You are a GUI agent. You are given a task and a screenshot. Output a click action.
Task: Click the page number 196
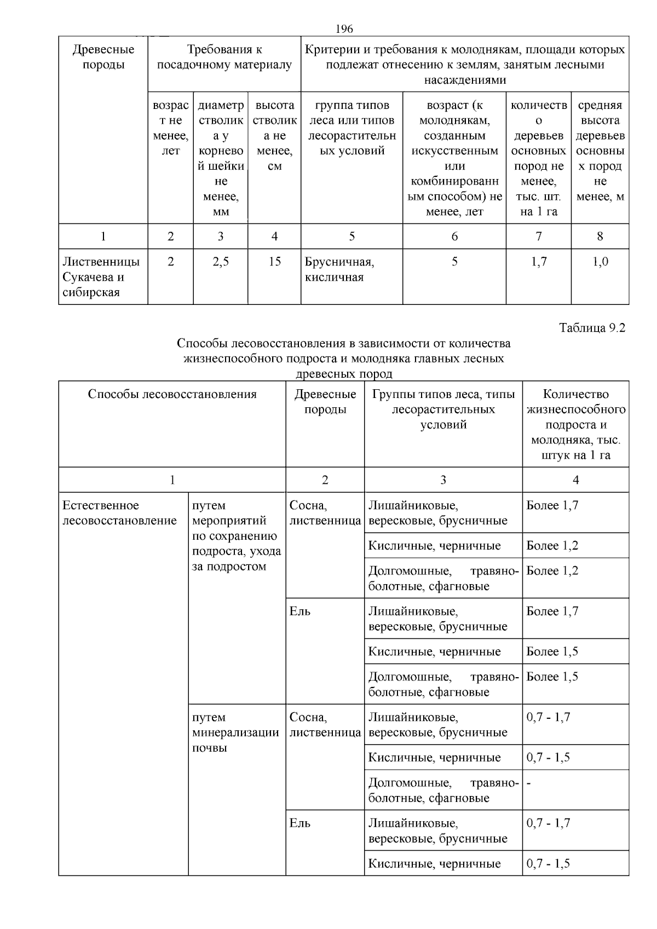tap(344, 28)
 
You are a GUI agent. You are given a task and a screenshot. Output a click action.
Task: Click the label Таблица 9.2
tap(592, 328)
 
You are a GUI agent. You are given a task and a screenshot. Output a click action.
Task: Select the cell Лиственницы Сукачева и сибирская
tap(101, 277)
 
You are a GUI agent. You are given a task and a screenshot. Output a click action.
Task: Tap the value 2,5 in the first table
tap(221, 262)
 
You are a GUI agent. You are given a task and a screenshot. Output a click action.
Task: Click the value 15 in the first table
tap(274, 262)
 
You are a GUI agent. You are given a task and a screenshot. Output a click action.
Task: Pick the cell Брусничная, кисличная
tap(339, 269)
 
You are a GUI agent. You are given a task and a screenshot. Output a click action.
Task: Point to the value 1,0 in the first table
tap(600, 262)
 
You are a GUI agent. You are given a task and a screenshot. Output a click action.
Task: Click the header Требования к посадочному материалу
tap(224, 57)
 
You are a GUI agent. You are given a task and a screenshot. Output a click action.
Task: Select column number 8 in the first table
tap(600, 236)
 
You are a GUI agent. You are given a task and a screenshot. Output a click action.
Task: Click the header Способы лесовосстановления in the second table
tap(172, 394)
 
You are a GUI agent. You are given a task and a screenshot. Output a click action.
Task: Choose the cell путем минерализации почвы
tap(235, 732)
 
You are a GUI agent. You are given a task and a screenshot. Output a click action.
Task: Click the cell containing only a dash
tap(529, 783)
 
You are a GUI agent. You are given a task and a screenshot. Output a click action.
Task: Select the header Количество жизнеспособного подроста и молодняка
tap(575, 424)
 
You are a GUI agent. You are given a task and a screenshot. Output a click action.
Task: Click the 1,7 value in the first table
tap(539, 262)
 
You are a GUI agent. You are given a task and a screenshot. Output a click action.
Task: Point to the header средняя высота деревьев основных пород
tap(600, 151)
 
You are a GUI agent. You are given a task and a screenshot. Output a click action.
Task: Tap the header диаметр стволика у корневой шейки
tap(221, 159)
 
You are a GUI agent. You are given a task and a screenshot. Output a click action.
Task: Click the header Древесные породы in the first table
tap(103, 57)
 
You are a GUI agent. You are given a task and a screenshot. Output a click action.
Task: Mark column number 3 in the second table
tap(443, 480)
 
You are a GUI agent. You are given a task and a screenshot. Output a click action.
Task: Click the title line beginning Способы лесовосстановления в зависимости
tap(343, 344)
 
